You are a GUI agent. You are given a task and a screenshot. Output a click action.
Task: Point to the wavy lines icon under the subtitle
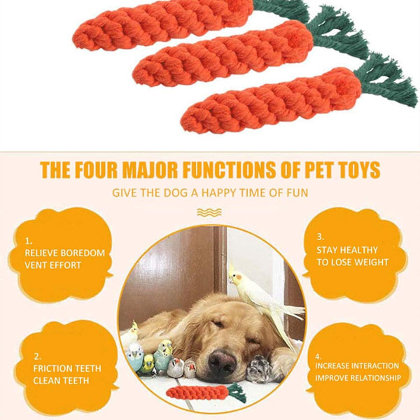[x=209, y=212]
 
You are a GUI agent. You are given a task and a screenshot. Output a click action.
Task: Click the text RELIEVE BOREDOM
[x=65, y=253]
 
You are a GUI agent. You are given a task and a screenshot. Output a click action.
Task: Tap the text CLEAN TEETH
[x=61, y=381]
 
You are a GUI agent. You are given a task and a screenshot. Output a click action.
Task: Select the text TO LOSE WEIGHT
[x=353, y=262]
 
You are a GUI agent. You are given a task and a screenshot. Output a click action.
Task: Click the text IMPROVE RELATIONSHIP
[x=358, y=378]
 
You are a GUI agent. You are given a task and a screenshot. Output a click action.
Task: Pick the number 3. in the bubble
[x=321, y=237]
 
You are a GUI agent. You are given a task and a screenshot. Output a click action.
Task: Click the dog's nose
[x=222, y=363]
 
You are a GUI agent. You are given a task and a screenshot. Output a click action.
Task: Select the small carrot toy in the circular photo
[x=206, y=393]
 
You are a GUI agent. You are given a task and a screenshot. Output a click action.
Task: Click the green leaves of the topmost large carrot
[x=281, y=10]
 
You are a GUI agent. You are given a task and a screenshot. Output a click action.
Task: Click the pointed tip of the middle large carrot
[x=134, y=76]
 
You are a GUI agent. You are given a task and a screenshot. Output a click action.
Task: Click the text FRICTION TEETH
[x=67, y=368]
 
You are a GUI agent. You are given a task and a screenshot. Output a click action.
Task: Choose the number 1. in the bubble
[x=29, y=241]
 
